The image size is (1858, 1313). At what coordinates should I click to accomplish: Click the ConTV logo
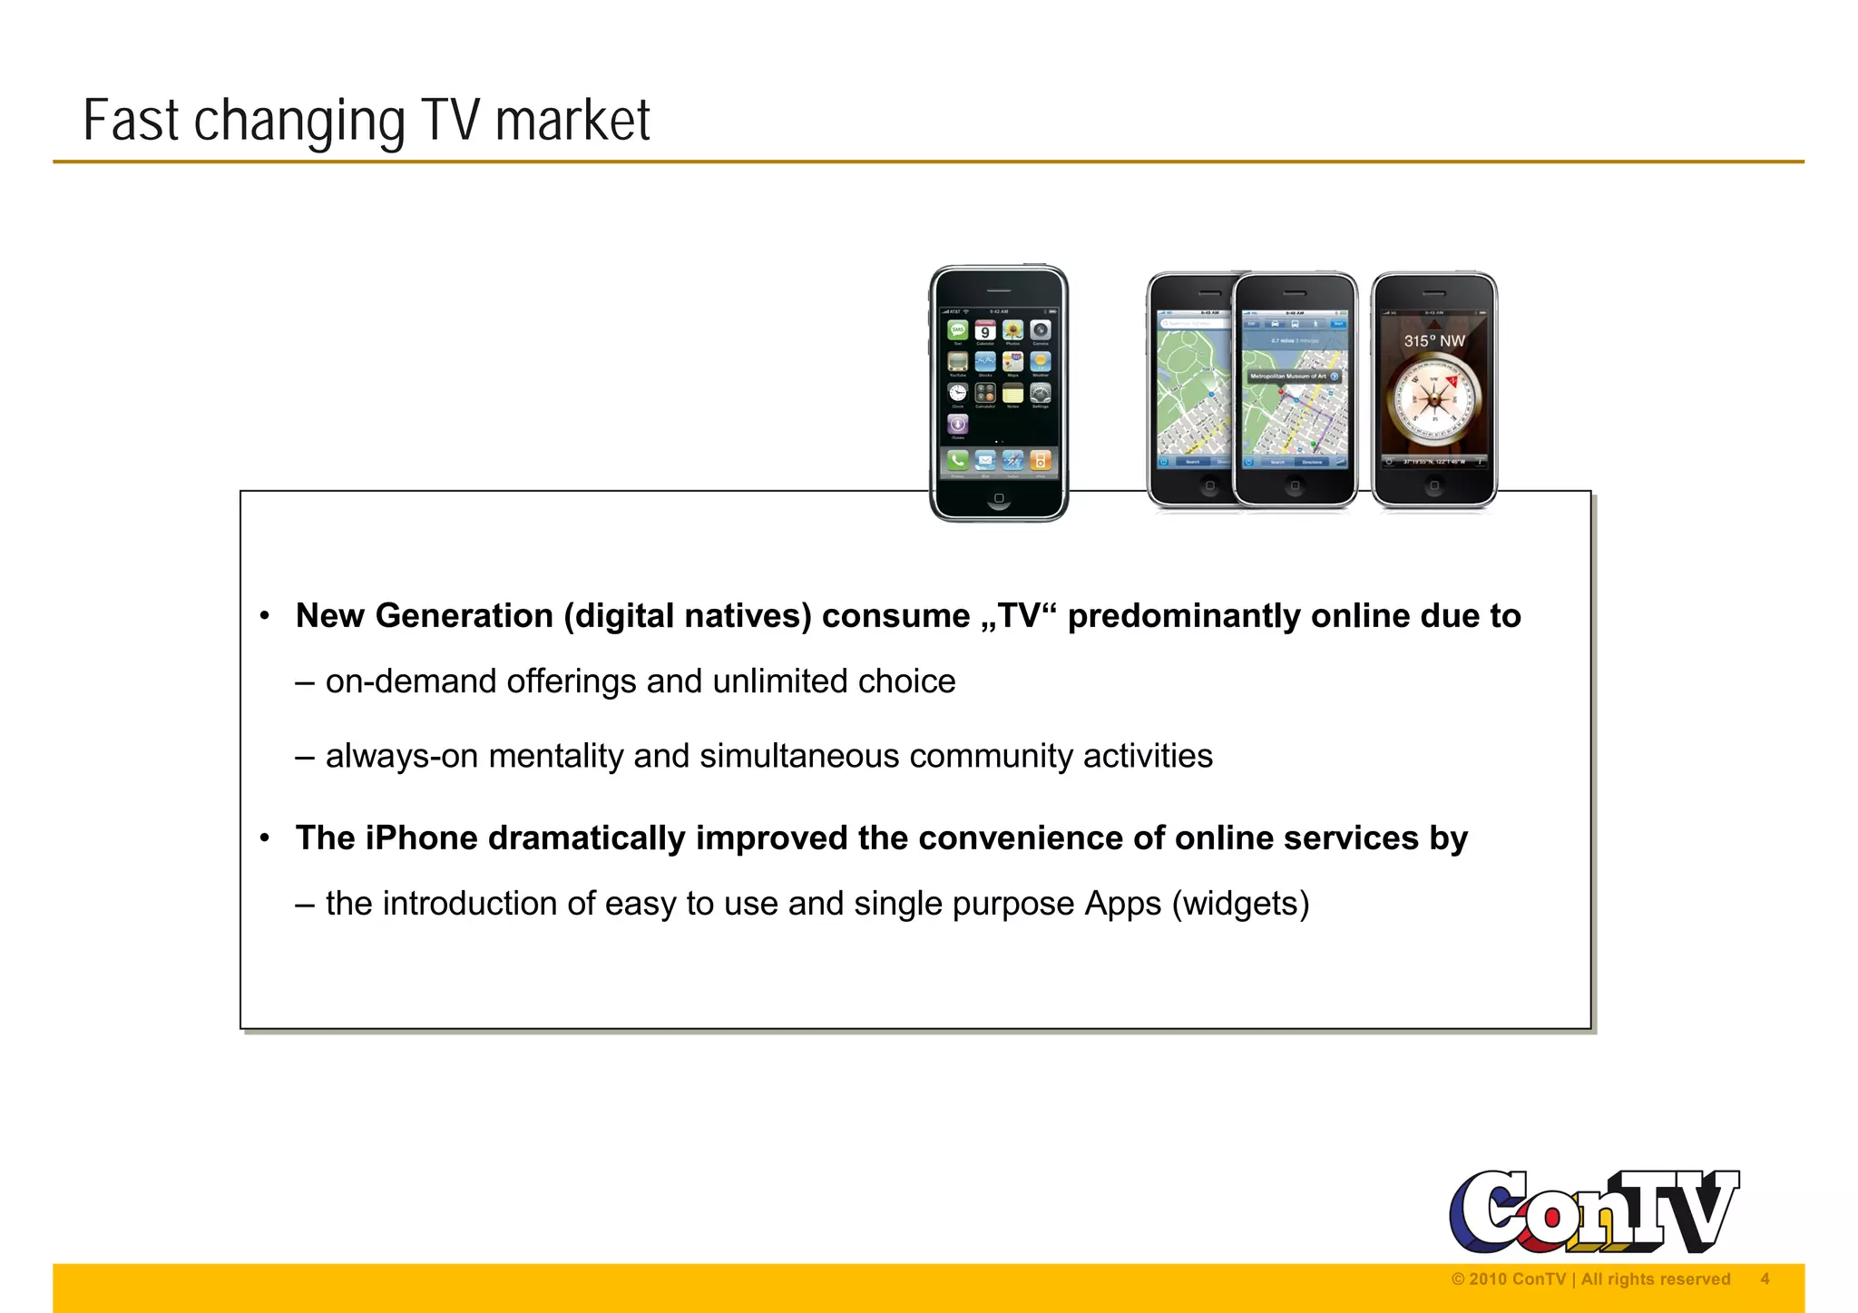click(x=1593, y=1212)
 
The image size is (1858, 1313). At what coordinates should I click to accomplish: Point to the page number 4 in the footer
click(x=1765, y=1279)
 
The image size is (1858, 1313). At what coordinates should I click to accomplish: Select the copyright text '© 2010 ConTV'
click(x=1508, y=1279)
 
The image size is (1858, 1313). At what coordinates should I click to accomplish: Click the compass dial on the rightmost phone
click(x=1433, y=400)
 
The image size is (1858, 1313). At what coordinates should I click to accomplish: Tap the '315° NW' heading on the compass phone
click(x=1434, y=341)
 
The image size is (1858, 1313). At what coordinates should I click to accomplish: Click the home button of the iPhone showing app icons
click(x=999, y=498)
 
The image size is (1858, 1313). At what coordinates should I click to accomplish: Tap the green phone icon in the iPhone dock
click(x=958, y=461)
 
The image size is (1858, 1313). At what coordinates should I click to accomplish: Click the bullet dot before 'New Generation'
click(x=265, y=617)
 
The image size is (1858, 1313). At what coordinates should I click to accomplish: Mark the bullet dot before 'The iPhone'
click(x=265, y=839)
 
